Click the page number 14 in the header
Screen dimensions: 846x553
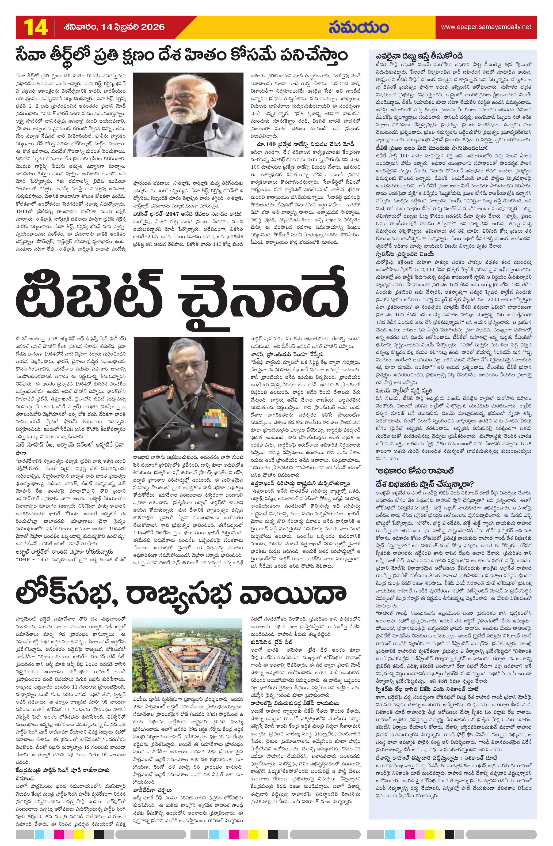36,27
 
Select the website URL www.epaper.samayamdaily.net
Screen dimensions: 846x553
486,27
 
